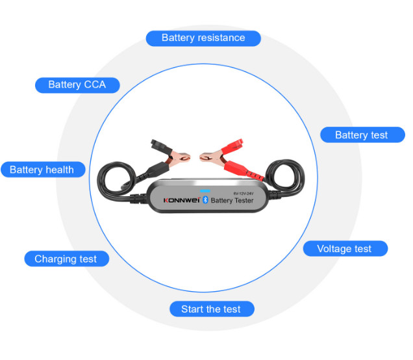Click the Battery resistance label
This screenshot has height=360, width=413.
click(x=203, y=38)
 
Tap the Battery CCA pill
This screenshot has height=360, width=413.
click(x=77, y=84)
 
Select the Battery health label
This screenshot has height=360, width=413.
click(x=42, y=170)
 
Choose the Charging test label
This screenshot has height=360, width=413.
click(x=66, y=259)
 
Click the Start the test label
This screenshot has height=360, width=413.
click(x=211, y=309)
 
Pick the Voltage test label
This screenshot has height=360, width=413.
click(x=344, y=249)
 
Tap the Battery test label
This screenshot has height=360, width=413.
click(x=361, y=135)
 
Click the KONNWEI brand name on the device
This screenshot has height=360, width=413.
click(x=181, y=200)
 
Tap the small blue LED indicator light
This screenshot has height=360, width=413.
click(x=206, y=184)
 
